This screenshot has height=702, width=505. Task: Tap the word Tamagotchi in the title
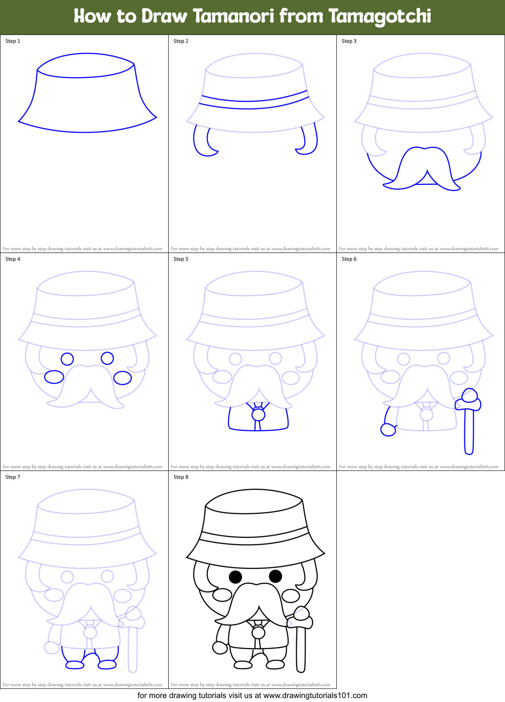point(380,17)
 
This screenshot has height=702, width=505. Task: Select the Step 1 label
point(13,41)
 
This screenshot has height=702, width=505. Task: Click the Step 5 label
point(181,259)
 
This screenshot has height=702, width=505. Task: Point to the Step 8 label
point(181,477)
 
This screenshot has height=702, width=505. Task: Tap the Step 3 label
point(349,41)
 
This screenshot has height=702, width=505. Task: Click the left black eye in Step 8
point(235,577)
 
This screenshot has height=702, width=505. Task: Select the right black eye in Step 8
point(275,576)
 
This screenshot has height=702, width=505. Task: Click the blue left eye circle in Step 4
point(67,359)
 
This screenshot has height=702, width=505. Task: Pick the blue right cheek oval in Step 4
point(122,378)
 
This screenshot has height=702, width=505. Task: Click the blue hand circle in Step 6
point(388,430)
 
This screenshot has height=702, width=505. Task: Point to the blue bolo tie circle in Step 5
point(258,414)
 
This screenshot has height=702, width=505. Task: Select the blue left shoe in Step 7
point(75,665)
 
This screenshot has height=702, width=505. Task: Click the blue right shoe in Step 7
point(107,665)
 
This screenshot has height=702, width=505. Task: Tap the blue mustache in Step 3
point(422,168)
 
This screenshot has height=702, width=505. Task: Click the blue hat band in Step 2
point(253,102)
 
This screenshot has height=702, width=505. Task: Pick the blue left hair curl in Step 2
point(202,142)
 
